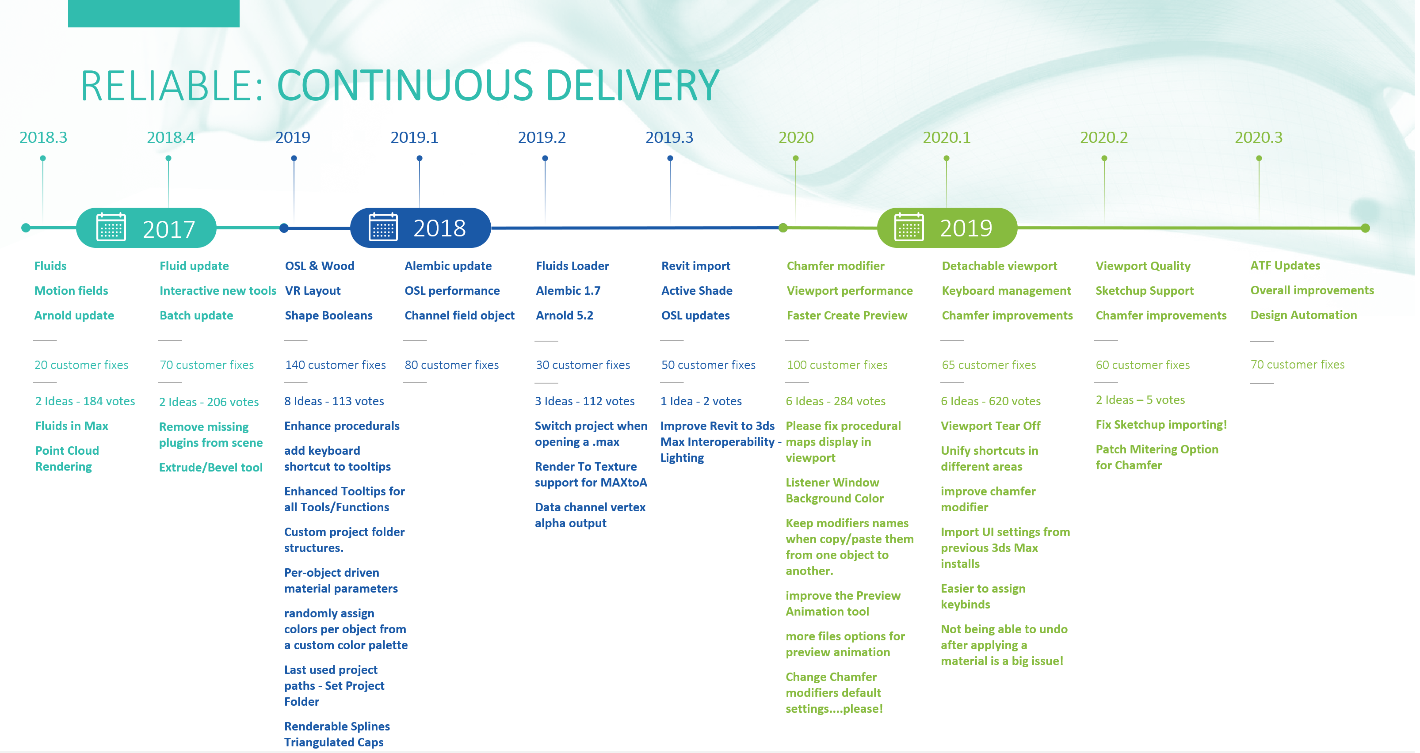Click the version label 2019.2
[x=542, y=137]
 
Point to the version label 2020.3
[x=1259, y=137]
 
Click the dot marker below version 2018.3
[x=43, y=158]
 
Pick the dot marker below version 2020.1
[x=947, y=158]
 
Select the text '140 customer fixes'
[x=335, y=365]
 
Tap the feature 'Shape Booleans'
[x=328, y=315]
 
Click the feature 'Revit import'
[x=696, y=266]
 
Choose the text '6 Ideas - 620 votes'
[x=991, y=401]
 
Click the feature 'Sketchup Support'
[x=1145, y=290]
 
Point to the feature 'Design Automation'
[x=1304, y=315]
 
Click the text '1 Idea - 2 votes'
[x=701, y=401]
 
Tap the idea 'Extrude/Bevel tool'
[x=210, y=467]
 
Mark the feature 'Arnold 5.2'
[x=565, y=315]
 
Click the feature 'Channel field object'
[x=459, y=315]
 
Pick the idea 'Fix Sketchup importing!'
[x=1161, y=425]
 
